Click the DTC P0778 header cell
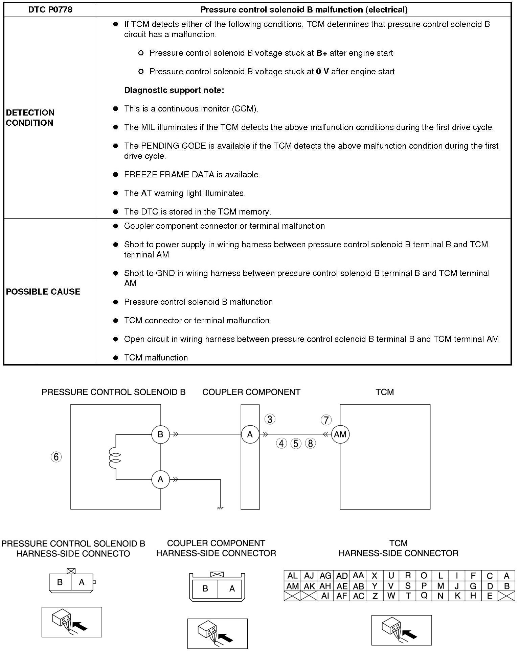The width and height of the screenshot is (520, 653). click(50, 9)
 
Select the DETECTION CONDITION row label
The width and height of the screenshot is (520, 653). click(30, 118)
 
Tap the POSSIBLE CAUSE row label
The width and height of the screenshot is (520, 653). click(43, 292)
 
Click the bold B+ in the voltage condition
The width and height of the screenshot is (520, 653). click(321, 53)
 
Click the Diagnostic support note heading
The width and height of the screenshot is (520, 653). click(174, 90)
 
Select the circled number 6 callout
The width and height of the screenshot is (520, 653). click(56, 457)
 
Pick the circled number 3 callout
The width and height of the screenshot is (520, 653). click(270, 419)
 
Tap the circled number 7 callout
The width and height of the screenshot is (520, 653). click(326, 420)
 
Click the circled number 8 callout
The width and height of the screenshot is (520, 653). click(310, 443)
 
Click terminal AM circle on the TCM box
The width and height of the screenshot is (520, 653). click(340, 434)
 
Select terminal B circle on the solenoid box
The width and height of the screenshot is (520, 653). click(160, 434)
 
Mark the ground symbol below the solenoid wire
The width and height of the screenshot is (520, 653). click(220, 507)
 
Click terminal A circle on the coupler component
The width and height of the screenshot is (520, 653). click(250, 434)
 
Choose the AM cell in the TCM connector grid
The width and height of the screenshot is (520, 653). click(292, 586)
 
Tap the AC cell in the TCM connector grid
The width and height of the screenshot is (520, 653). click(358, 596)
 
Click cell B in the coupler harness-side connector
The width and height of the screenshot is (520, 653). click(205, 588)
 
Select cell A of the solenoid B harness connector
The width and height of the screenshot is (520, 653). click(82, 582)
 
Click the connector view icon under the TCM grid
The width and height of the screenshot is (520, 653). click(401, 630)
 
